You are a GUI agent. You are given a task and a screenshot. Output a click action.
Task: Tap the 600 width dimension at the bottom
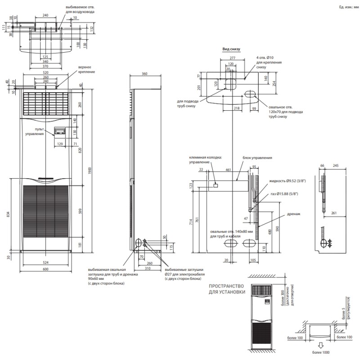point(45,270)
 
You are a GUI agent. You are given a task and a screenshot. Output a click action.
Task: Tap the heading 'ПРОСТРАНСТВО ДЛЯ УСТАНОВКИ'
point(227,289)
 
